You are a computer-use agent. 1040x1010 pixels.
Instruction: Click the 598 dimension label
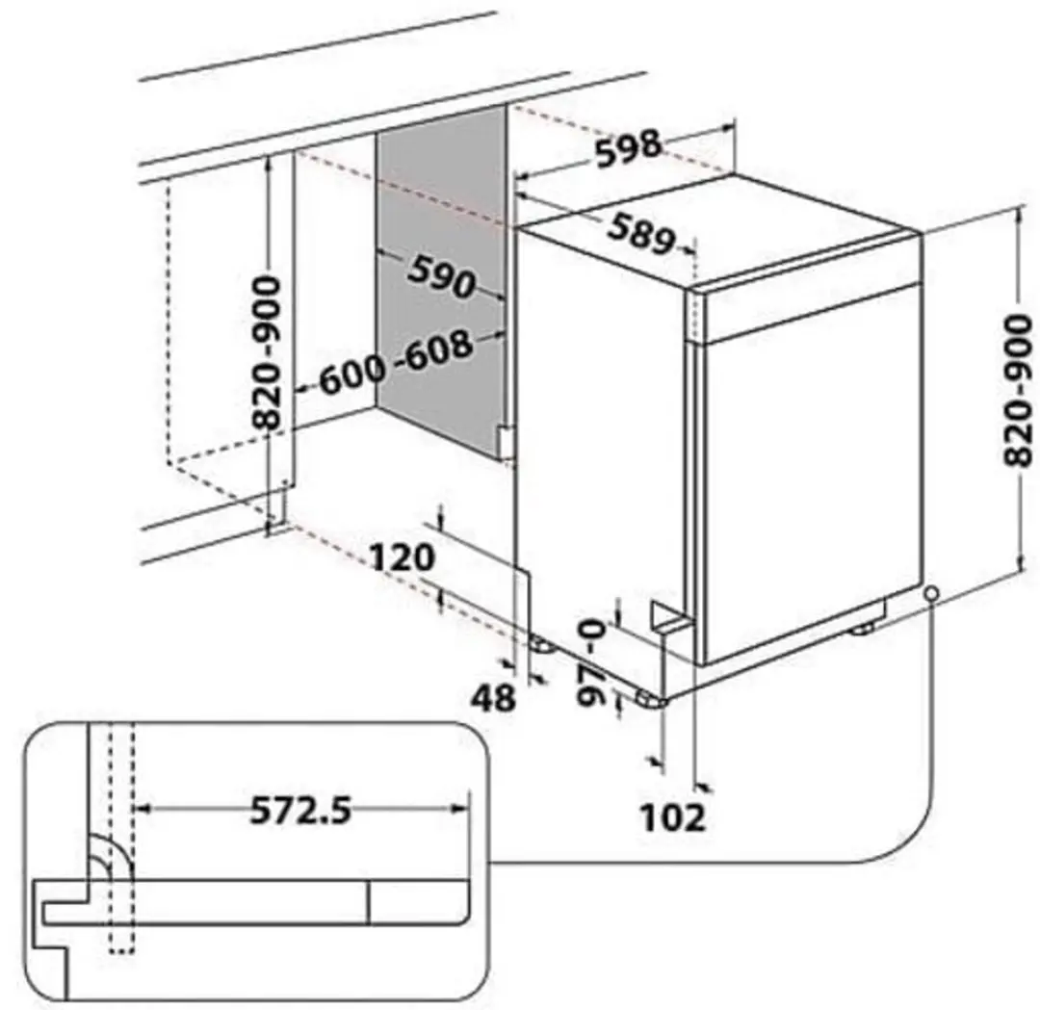coord(628,150)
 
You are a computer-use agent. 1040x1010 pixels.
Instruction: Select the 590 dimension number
coord(440,276)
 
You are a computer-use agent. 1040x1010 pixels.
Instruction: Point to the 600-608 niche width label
coord(397,362)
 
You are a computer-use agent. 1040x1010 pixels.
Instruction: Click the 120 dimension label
coord(402,557)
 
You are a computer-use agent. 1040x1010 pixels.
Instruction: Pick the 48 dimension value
coord(493,697)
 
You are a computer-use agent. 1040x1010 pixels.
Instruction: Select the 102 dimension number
coord(672,816)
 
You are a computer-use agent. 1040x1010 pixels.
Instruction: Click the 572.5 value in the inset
coord(300,810)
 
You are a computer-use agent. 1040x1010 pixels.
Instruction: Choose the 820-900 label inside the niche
coord(267,352)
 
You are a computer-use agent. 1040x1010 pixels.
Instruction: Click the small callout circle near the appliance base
coord(932,592)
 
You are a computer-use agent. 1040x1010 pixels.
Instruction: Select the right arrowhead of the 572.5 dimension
coord(459,809)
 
